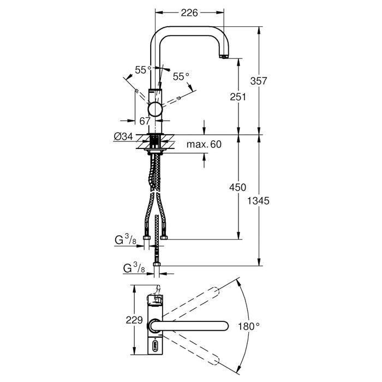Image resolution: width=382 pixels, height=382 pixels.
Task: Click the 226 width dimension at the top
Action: [189, 13]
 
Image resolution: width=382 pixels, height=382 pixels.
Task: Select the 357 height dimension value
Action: [259, 81]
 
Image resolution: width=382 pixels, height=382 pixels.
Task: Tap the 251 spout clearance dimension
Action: [238, 97]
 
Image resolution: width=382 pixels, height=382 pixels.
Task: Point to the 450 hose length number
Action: [238, 187]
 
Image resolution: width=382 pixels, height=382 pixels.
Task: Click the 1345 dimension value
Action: [258, 201]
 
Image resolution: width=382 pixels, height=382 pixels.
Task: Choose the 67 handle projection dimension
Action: [145, 121]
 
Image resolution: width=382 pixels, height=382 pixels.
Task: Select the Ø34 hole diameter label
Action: [123, 136]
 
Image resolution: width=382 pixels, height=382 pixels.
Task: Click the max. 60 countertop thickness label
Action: [204, 144]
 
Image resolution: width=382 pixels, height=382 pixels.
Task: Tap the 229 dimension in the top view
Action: [134, 320]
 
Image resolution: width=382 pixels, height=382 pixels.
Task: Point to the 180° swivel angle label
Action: [249, 326]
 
